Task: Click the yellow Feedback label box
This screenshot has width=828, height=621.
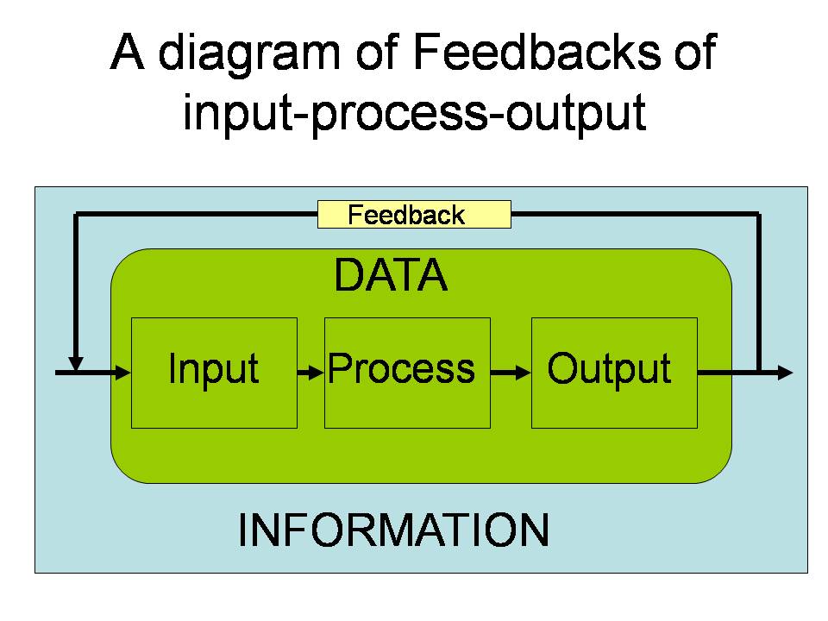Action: coord(414,215)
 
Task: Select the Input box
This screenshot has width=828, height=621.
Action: coord(214,373)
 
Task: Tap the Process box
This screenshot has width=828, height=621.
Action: coord(407,373)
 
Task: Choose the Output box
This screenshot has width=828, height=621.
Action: coord(614,373)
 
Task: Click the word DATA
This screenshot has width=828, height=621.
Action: coord(391,274)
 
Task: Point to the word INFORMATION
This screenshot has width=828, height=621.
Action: coord(393,530)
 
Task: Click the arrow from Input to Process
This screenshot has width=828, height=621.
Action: coord(310,373)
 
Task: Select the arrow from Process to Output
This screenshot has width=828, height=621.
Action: coord(511,373)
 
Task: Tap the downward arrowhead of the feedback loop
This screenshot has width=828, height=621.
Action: coord(76,364)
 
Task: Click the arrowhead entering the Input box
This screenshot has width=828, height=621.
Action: coord(123,373)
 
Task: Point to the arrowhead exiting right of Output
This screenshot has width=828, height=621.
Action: coord(785,373)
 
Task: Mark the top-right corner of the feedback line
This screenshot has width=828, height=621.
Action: coord(759,214)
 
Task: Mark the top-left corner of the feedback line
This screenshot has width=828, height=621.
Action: coord(76,214)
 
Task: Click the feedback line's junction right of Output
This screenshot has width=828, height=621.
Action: coord(759,373)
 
